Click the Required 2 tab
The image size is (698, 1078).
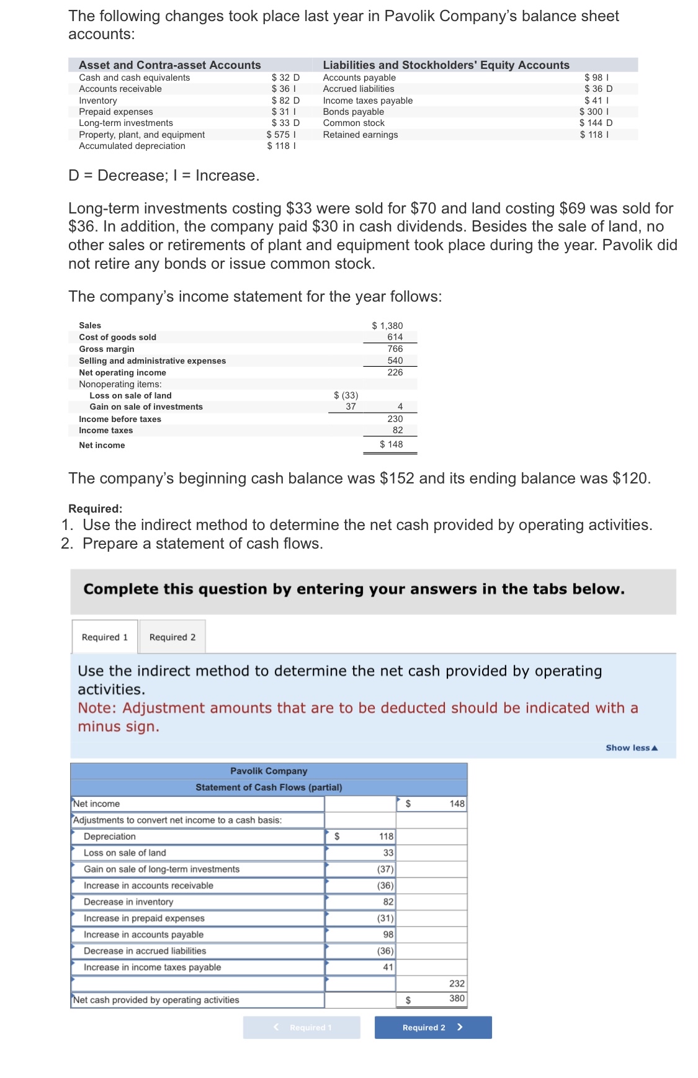(x=172, y=637)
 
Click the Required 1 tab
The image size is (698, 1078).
(x=104, y=637)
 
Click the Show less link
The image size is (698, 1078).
(x=631, y=748)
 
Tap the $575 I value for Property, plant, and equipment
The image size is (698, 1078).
(x=281, y=135)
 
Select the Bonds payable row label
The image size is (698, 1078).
(x=353, y=112)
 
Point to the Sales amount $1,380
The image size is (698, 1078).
(x=387, y=326)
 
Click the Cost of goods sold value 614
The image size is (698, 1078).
(x=395, y=337)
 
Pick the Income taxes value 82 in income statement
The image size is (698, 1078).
(x=397, y=430)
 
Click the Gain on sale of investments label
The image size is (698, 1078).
(x=146, y=406)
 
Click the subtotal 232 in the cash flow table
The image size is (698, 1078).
(x=457, y=984)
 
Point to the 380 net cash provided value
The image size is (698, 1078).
(x=457, y=999)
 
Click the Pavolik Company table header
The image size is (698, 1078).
(x=269, y=771)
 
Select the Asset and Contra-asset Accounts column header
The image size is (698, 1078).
(x=169, y=65)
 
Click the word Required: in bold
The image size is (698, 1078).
(x=95, y=509)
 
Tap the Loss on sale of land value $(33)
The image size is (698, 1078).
(x=346, y=395)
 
